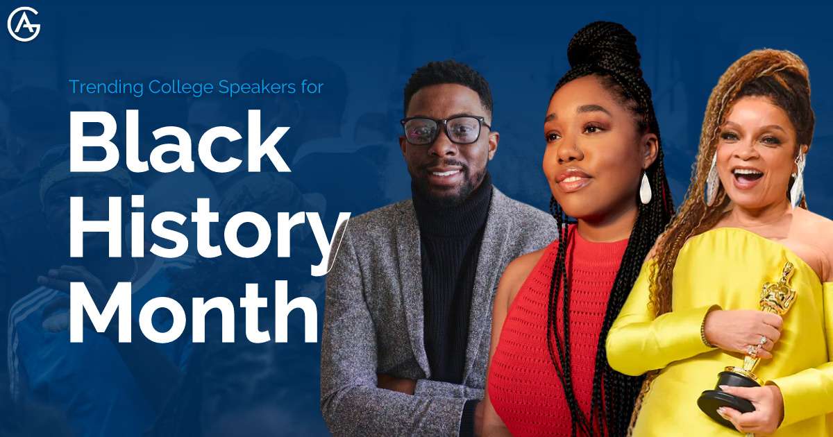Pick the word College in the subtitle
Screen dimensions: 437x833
coord(184,87)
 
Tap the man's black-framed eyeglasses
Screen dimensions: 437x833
coord(445,130)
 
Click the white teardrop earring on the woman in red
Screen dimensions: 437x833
coord(646,188)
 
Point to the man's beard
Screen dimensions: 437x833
coord(448,184)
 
